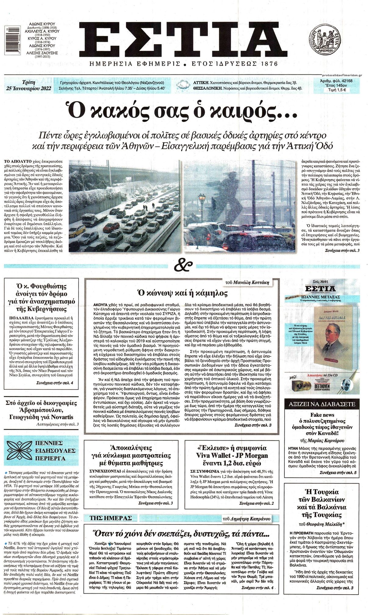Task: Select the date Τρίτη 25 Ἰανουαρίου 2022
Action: (29, 86)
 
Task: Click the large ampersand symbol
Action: (184, 265)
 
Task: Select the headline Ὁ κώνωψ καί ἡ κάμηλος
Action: (182, 293)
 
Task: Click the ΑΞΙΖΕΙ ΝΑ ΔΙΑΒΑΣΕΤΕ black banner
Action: (320, 404)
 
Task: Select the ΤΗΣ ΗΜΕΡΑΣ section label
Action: (111, 518)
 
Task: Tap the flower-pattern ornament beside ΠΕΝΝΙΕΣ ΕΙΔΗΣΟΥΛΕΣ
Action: (18, 450)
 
